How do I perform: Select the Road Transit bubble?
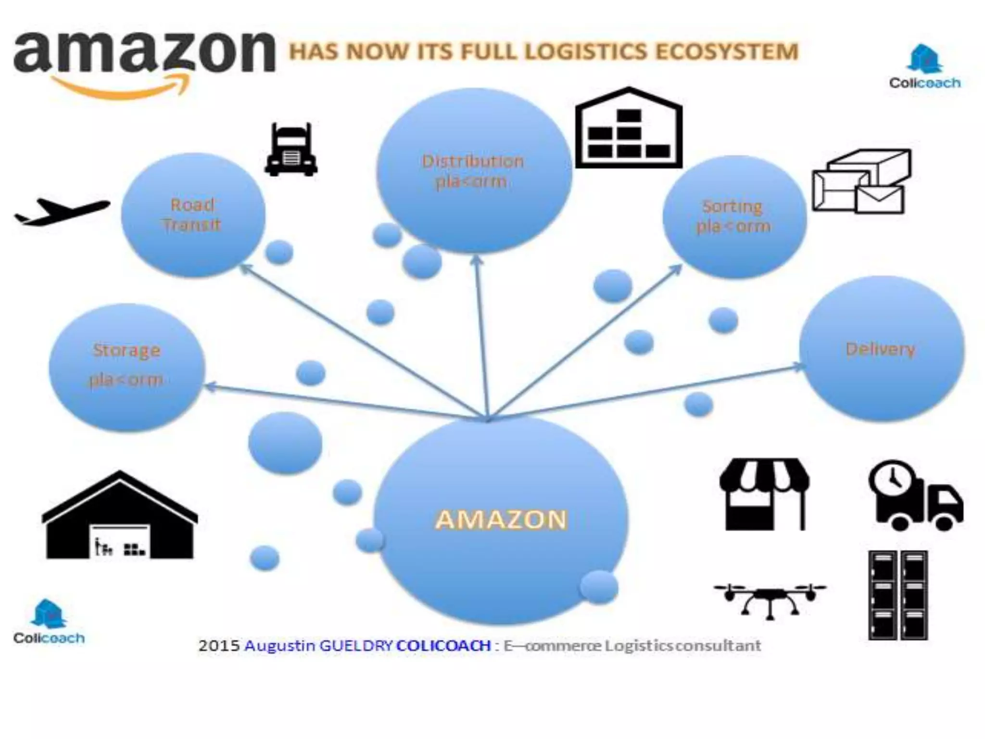coord(193,215)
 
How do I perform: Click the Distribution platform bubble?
coord(474,171)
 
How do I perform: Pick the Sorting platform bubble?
coord(734,217)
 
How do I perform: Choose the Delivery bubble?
coord(881,349)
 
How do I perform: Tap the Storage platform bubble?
coord(127,367)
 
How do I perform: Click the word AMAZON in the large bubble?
coord(501,520)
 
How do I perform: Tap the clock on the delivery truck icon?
coord(893,479)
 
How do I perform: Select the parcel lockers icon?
coord(898,595)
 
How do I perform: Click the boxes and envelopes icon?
coord(861,181)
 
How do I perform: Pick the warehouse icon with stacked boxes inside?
coord(629,129)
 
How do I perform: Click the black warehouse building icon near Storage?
coord(120,517)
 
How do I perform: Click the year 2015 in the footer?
coord(219,645)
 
